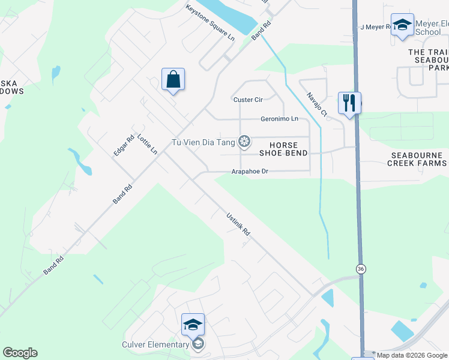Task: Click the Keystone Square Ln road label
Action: coord(210,23)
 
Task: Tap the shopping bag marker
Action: coord(173,80)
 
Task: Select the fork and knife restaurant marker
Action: coord(349,103)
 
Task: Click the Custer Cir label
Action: coord(247,100)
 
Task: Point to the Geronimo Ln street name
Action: coord(279,119)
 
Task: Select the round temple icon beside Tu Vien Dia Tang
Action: coord(244,142)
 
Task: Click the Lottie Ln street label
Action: coord(147,145)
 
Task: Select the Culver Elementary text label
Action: coord(155,344)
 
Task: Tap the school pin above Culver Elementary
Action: coord(193,325)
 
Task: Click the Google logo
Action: coord(20,353)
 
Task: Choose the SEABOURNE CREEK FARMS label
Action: coord(418,159)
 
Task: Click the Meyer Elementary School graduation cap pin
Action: coord(402,25)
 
